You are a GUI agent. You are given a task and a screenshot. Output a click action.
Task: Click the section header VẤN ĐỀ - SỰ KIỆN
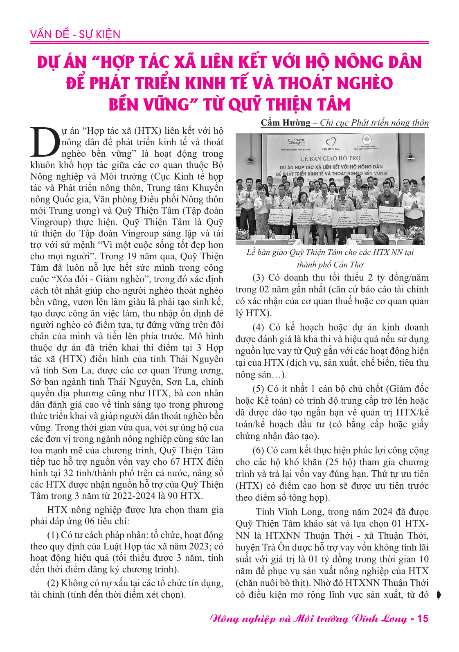pyautogui.click(x=75, y=34)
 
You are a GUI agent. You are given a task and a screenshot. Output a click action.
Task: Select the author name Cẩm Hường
pyautogui.click(x=286, y=123)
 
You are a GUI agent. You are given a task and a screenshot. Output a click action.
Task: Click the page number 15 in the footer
pyautogui.click(x=421, y=618)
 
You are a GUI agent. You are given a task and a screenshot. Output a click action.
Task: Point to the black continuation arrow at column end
pyautogui.click(x=439, y=595)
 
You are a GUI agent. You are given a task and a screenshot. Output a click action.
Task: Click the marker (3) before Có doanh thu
pyautogui.click(x=258, y=278)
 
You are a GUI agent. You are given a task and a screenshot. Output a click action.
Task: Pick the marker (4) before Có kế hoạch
pyautogui.click(x=258, y=327)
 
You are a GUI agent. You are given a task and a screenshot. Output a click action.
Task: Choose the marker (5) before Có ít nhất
pyautogui.click(x=258, y=389)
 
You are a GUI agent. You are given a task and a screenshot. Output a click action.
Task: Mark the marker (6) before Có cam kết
pyautogui.click(x=258, y=450)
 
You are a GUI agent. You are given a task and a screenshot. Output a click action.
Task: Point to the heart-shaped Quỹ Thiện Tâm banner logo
pyautogui.click(x=331, y=142)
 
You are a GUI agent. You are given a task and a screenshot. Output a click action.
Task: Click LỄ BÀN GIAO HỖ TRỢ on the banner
pyautogui.click(x=331, y=158)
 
